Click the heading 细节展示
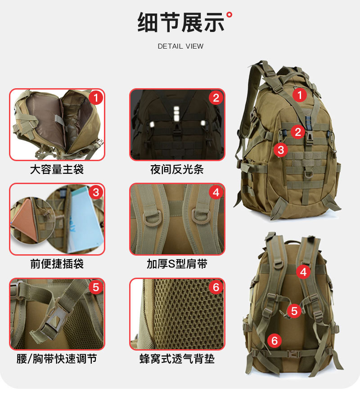tap(180, 23)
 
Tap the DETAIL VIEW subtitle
tap(180, 46)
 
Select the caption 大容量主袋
tap(57, 170)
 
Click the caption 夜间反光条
tap(177, 170)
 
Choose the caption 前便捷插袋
tap(57, 264)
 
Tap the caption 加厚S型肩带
tap(177, 264)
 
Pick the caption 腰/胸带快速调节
tap(57, 359)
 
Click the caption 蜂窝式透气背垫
tap(177, 359)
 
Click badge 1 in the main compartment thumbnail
tap(95, 98)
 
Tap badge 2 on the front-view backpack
tap(297, 131)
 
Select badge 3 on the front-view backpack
tap(281, 149)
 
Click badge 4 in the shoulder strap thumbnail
tap(216, 193)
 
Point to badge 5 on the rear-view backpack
tap(294, 311)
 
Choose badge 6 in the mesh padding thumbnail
tap(216, 287)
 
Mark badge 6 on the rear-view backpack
tap(274, 341)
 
